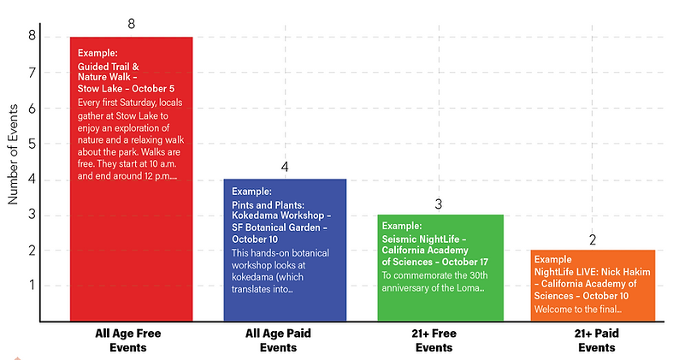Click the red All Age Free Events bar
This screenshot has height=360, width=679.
[x=131, y=248]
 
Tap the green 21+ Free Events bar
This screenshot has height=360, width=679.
[x=439, y=299]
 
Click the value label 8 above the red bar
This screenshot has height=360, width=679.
[x=131, y=23]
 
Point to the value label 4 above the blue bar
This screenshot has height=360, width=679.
[x=285, y=166]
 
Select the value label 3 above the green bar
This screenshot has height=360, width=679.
[x=439, y=204]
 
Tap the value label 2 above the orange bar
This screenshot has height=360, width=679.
[x=593, y=239]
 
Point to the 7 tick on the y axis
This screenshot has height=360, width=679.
[x=32, y=73]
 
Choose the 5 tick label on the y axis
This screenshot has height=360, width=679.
[x=32, y=144]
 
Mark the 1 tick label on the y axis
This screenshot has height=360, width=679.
[x=32, y=286]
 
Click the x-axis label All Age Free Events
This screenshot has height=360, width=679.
[x=128, y=340]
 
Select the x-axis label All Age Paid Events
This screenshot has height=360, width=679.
[x=285, y=340]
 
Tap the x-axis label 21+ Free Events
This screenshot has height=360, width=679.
[x=439, y=340]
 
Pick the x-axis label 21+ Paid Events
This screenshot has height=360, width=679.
[x=595, y=340]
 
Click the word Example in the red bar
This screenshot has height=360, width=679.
[x=97, y=53]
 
